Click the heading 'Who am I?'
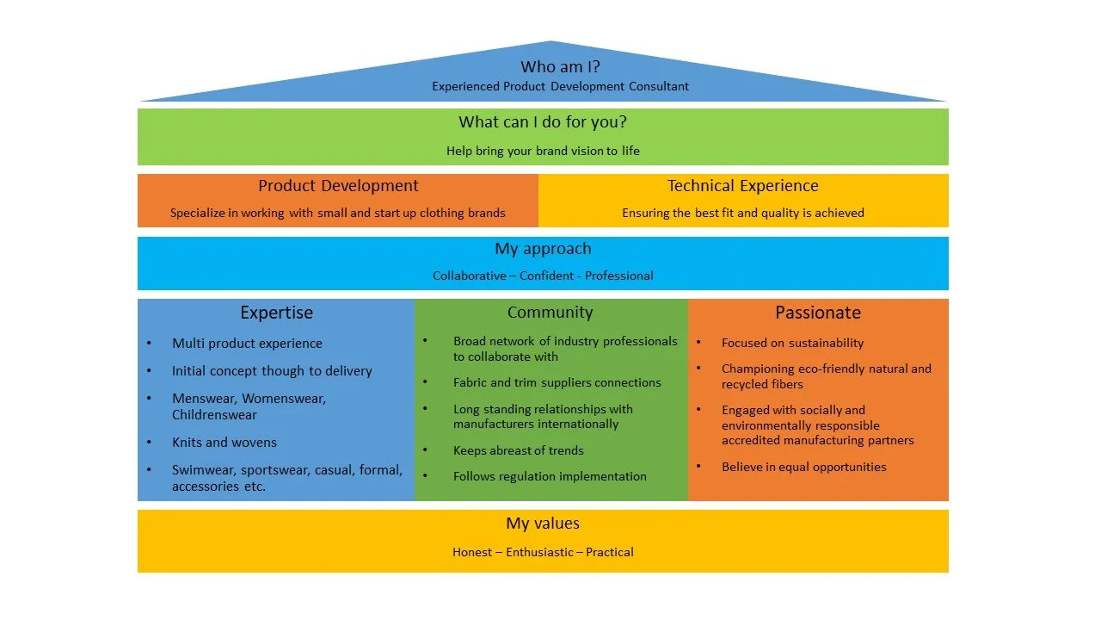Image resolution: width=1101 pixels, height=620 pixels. [560, 66]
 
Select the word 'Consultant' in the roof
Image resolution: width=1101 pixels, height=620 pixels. [658, 86]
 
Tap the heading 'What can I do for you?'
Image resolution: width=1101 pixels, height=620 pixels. [543, 122]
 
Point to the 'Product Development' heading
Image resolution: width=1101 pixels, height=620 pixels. [338, 186]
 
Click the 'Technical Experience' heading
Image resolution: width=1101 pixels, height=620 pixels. [743, 186]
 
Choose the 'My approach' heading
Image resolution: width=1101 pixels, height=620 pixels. [543, 249]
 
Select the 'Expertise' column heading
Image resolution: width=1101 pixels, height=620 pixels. [276, 313]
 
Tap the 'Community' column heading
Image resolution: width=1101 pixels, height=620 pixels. [550, 313]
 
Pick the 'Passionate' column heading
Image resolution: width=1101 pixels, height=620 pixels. [817, 313]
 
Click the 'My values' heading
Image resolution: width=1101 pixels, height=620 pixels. [543, 524]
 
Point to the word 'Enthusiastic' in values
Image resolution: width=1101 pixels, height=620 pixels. [538, 552]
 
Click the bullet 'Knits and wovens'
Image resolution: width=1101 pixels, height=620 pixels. [225, 443]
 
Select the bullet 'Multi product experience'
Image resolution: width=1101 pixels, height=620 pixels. [247, 344]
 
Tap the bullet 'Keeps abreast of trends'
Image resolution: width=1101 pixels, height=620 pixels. [519, 450]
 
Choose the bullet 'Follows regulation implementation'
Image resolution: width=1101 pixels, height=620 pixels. [550, 476]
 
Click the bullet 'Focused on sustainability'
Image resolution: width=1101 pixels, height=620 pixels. [792, 343]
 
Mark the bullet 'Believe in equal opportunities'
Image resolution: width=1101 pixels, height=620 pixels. [803, 467]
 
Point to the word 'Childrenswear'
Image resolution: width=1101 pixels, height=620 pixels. [214, 415]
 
